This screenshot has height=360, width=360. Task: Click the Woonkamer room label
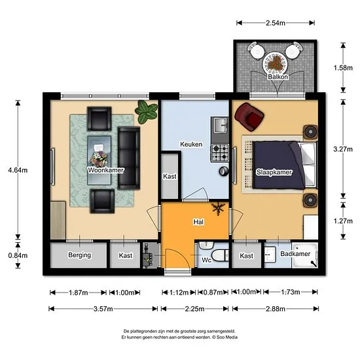click(106, 170)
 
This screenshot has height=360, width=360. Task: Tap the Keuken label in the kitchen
click(191, 144)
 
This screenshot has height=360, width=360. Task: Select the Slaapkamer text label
click(274, 172)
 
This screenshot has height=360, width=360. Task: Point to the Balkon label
click(278, 77)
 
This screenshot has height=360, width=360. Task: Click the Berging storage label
click(79, 255)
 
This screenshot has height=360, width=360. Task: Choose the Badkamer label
click(295, 254)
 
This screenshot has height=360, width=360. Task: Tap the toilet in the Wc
click(220, 255)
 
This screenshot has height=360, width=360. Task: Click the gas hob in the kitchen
click(220, 153)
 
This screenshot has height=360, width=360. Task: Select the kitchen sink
click(220, 125)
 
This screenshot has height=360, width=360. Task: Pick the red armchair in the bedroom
click(249, 117)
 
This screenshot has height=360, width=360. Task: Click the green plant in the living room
click(146, 111)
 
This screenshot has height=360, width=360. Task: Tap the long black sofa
click(129, 158)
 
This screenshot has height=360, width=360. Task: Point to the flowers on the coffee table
click(99, 159)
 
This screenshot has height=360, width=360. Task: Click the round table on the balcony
click(276, 62)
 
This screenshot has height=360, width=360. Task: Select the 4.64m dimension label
click(18, 170)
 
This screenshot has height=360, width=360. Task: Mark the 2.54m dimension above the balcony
click(276, 23)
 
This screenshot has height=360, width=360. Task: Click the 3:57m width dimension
click(103, 309)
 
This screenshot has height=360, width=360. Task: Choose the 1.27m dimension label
click(343, 221)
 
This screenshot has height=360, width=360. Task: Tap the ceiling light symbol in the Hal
click(218, 208)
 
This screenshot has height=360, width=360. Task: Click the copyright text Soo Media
click(227, 337)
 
